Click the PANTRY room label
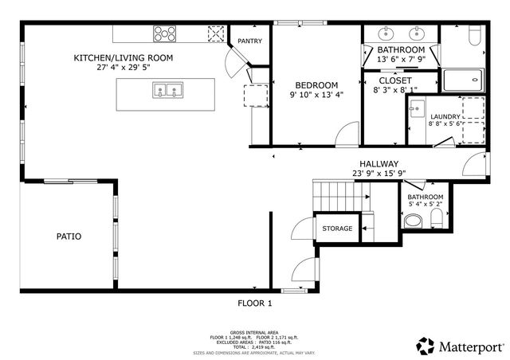point(250,41)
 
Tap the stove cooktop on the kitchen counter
point(165,33)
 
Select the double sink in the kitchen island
point(168,91)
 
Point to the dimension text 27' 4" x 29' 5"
point(123,68)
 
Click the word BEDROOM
point(316,85)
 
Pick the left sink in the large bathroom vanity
point(386,34)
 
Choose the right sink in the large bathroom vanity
point(417,34)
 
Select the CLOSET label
point(394,80)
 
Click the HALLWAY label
point(379,163)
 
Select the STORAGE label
point(337,229)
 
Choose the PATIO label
point(69,237)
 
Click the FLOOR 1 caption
point(255,303)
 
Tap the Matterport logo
point(461,346)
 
